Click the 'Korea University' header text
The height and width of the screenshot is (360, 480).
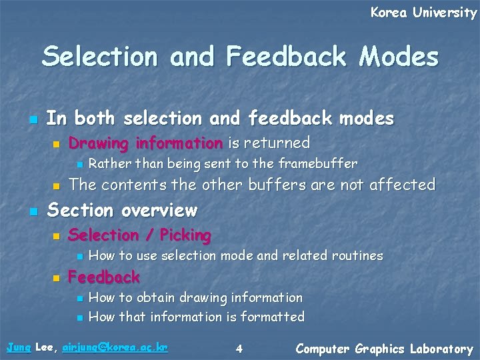point(423,12)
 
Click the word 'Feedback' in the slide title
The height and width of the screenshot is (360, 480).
point(286,57)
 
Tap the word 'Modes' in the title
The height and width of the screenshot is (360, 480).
point(399,57)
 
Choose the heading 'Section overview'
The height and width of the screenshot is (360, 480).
point(123,211)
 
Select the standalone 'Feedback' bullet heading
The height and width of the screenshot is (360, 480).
point(104,277)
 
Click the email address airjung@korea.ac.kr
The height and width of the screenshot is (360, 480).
point(115,347)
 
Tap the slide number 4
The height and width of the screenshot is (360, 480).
point(239,348)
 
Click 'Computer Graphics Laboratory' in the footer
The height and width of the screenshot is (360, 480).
point(384,349)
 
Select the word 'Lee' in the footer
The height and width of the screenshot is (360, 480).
point(45,347)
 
